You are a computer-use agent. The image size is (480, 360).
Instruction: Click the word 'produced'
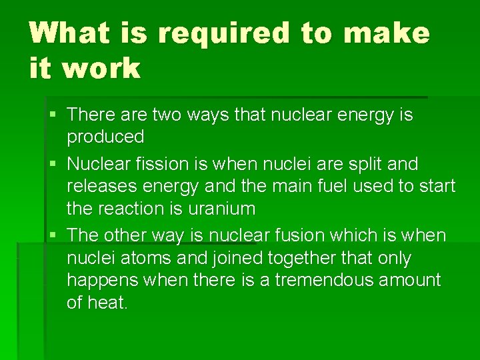[105, 137]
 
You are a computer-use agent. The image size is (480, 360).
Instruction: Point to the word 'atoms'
[133, 258]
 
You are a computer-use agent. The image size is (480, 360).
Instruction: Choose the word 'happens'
[101, 280]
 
